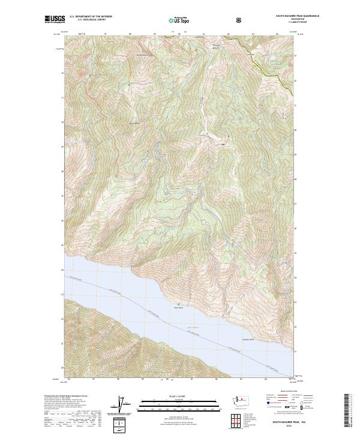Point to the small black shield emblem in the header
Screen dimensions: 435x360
(x=240, y=20)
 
